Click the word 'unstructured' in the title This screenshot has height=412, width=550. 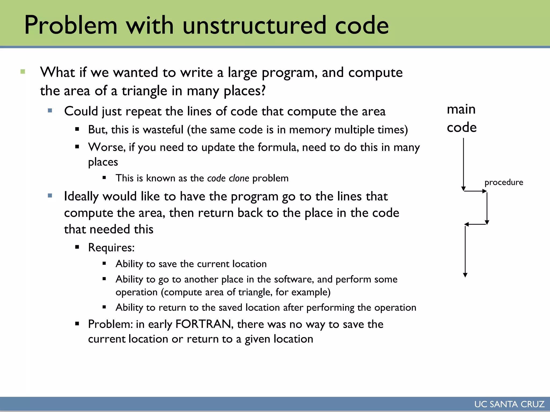(x=254, y=25)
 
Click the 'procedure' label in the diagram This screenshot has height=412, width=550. (x=504, y=182)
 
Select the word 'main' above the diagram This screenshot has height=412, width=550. (x=461, y=109)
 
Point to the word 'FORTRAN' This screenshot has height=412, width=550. (x=204, y=324)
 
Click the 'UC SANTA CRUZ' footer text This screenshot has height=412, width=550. (x=509, y=404)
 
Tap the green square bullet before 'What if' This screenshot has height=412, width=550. (x=23, y=72)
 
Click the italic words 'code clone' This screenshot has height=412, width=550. (x=228, y=178)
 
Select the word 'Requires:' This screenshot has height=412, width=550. (x=111, y=247)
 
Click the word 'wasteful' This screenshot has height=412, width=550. (x=163, y=130)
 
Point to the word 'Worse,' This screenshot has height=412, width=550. (x=107, y=147)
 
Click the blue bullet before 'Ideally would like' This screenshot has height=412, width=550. (x=50, y=196)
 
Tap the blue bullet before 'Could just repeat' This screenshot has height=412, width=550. (x=50, y=110)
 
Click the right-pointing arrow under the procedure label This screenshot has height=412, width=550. (x=475, y=191)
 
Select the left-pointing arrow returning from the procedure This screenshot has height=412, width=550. (x=475, y=224)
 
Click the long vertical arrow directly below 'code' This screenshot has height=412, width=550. (x=463, y=164)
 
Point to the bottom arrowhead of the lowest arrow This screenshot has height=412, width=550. (x=465, y=275)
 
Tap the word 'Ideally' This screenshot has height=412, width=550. (x=81, y=197)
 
